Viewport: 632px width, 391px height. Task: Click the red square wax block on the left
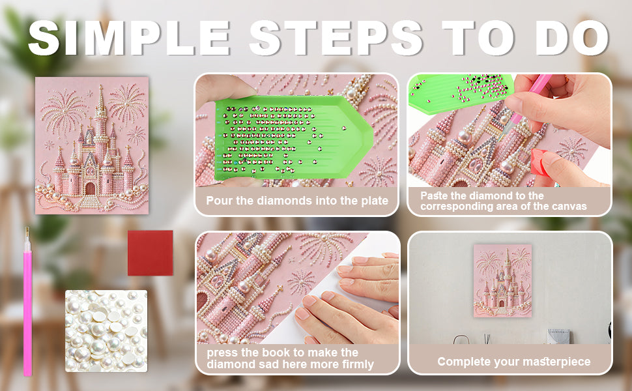click(151, 253)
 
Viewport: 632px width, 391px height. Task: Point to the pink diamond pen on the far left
click(27, 302)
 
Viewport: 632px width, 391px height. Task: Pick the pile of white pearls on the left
click(106, 330)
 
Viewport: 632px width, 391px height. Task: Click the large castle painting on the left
click(92, 145)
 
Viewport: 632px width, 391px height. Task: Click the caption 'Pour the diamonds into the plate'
click(297, 201)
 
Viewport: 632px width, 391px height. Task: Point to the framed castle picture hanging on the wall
click(502, 281)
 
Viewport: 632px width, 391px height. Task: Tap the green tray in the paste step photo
click(459, 93)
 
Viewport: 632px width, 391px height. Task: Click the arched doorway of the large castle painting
click(91, 188)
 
